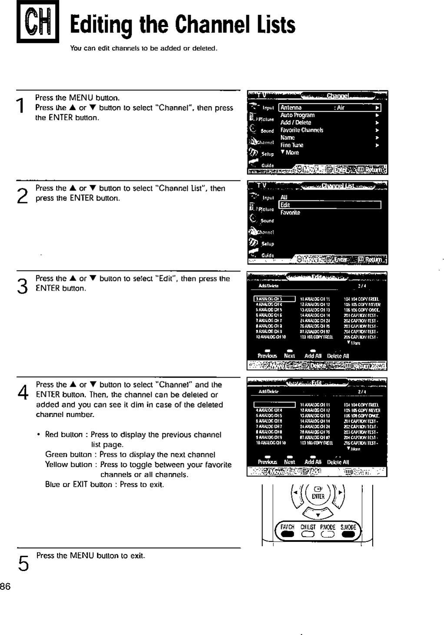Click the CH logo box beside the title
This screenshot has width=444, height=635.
pyautogui.click(x=37, y=22)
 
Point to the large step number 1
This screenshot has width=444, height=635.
pyautogui.click(x=20, y=106)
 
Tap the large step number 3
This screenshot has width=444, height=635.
pyautogui.click(x=22, y=286)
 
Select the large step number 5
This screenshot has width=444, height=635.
pyautogui.click(x=23, y=563)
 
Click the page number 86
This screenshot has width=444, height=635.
pyautogui.click(x=5, y=586)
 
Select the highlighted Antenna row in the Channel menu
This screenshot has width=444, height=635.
pyautogui.click(x=330, y=108)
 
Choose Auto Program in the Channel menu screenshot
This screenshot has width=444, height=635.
pyautogui.click(x=297, y=115)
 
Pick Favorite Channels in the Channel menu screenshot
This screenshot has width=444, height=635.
pyautogui.click(x=302, y=130)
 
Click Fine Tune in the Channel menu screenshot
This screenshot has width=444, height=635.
pyautogui.click(x=292, y=145)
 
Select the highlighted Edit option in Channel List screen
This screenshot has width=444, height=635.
pyautogui.click(x=330, y=205)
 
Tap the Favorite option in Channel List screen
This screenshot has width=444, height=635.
pyautogui.click(x=290, y=213)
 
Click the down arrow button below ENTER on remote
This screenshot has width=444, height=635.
pyautogui.click(x=318, y=515)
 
